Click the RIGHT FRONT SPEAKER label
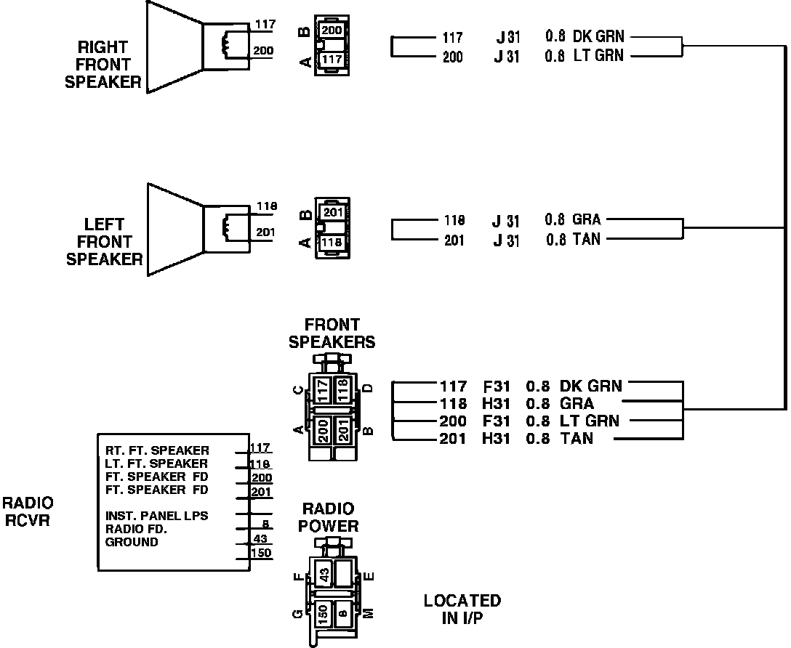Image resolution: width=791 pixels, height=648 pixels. coord(103,65)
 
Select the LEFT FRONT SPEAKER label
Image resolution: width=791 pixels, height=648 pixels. coord(104,241)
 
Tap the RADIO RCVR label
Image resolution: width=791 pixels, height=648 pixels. coord(28,511)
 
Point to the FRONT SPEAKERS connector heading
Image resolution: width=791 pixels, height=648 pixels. coord(332,333)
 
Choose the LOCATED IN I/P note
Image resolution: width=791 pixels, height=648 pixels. coord(462,609)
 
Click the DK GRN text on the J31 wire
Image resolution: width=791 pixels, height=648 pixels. coord(598,36)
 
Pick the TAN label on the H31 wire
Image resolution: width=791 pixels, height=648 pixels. coord(577,439)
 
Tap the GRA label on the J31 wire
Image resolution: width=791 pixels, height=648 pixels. coord(587,220)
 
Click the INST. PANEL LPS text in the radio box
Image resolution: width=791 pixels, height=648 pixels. coord(157,516)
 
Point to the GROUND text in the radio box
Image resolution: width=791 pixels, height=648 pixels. coord(132,542)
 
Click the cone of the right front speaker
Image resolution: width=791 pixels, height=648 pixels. coord(173,46)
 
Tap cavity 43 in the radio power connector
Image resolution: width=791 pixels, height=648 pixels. coord(325,573)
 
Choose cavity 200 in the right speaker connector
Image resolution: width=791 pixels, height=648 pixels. coord(332,31)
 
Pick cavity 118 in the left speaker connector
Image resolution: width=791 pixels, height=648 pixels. coord(332,242)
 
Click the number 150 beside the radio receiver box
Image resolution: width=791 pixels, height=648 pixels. coord(261,554)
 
